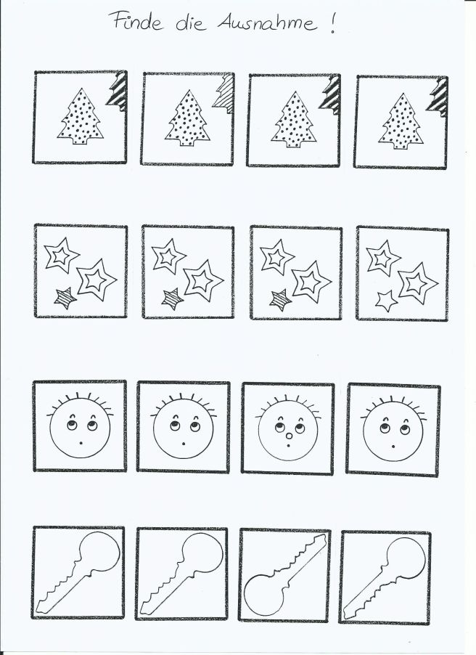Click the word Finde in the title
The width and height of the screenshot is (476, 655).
136,21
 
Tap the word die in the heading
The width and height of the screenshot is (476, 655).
191,23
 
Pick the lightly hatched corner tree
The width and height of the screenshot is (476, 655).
223,94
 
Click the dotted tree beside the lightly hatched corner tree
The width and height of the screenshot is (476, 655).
187,118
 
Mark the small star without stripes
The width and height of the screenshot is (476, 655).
386,301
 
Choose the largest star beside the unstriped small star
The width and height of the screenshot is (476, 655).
417,283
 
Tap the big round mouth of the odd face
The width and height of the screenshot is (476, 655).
289,436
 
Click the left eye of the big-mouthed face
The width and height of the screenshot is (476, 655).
279,427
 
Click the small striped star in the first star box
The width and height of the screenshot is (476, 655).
65,298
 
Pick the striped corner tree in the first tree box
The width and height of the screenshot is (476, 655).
117,91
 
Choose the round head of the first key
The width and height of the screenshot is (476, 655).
99,552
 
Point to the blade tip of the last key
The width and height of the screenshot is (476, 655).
348,614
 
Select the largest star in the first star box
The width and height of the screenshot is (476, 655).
96,280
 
